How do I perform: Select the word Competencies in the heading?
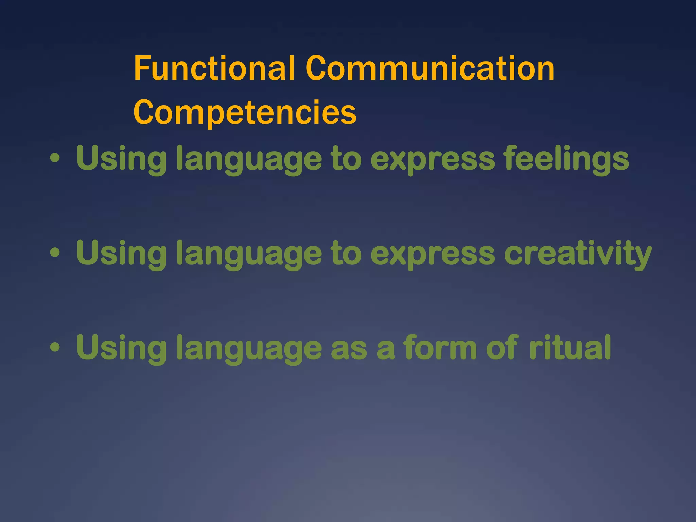[x=245, y=112]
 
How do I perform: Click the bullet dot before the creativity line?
[x=55, y=253]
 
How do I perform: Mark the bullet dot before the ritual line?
[x=55, y=347]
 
